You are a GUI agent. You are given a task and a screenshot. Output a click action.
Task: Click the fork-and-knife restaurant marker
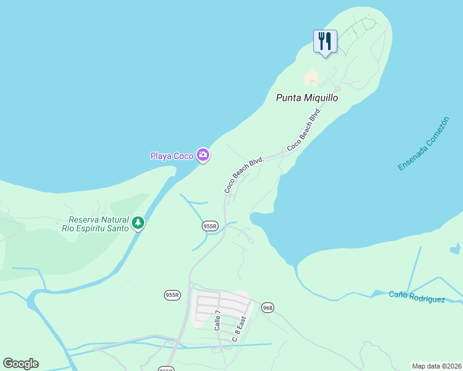325,42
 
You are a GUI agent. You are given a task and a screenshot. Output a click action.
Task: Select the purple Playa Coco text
172,156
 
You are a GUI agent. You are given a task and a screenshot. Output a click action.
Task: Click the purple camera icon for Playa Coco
202,155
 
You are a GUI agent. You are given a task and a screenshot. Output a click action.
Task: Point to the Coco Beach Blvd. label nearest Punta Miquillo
305,129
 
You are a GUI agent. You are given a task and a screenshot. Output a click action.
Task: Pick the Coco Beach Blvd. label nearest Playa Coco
244,176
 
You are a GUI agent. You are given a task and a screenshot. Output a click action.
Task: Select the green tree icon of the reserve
138,223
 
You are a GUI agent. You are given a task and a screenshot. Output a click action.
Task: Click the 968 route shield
267,307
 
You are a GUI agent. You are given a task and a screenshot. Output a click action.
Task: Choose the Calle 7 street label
217,320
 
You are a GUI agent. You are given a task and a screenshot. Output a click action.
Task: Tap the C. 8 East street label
239,329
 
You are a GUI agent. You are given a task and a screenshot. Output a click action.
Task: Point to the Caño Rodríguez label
417,297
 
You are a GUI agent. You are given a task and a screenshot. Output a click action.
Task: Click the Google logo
20,364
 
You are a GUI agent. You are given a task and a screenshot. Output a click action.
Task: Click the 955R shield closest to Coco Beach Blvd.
210,226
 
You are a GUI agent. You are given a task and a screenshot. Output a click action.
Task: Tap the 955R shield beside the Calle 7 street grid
172,295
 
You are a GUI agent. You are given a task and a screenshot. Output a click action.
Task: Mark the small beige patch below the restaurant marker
311,78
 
